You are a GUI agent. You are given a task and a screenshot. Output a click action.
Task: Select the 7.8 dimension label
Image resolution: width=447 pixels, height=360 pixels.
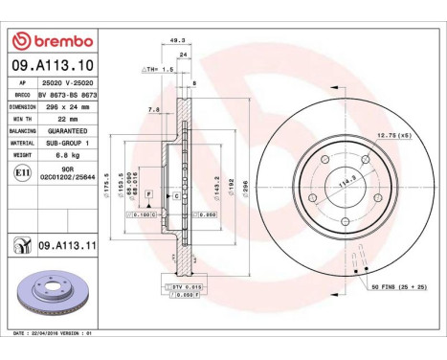click(x=154, y=110)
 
